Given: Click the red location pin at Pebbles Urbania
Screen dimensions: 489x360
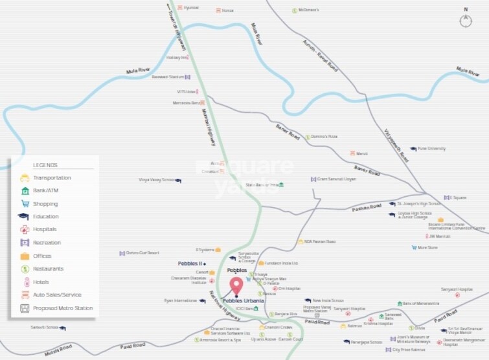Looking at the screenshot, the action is point(236,286).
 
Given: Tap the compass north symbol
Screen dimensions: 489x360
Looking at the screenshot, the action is point(466,19).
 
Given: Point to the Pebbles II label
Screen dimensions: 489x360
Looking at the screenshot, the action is point(190,264).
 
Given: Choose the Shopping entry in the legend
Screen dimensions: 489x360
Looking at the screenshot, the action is point(45,203).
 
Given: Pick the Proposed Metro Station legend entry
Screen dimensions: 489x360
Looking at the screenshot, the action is point(63,308).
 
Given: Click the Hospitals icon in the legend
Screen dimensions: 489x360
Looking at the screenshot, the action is point(24,229).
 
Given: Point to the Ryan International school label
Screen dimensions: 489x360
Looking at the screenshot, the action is point(179,300).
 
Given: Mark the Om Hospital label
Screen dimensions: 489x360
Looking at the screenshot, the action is point(290,288).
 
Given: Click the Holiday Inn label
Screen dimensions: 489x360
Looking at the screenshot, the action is point(176,57).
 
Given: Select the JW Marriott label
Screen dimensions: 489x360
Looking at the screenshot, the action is point(439,236).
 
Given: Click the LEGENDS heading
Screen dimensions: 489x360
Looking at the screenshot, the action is point(45,165).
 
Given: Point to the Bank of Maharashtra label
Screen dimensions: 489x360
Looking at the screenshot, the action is point(422,303).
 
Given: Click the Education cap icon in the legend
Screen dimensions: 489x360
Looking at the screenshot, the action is point(24,216).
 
